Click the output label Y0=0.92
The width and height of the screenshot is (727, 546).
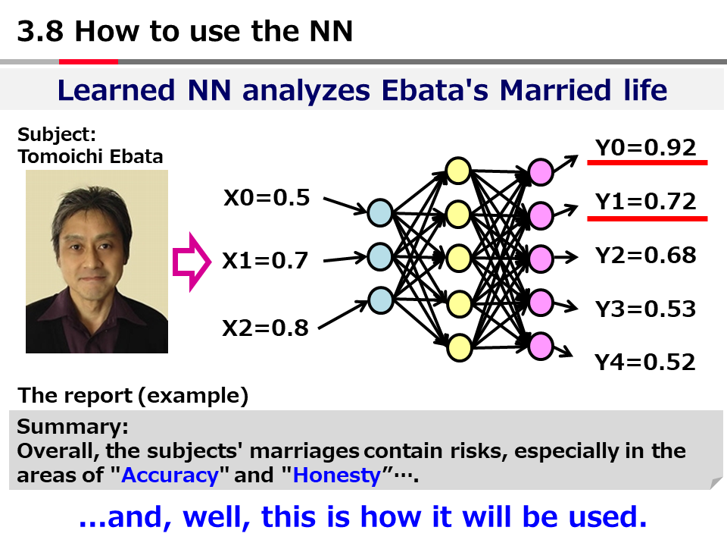pyautogui.click(x=646, y=148)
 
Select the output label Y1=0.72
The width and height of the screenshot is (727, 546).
pyautogui.click(x=646, y=202)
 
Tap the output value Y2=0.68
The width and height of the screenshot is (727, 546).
pyautogui.click(x=646, y=256)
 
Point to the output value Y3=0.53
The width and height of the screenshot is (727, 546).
pyautogui.click(x=646, y=309)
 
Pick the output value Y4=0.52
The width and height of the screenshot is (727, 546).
pyautogui.click(x=645, y=362)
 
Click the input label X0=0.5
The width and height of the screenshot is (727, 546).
pyautogui.click(x=267, y=198)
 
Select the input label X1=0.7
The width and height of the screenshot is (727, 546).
pyautogui.click(x=265, y=260)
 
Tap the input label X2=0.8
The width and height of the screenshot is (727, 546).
pyautogui.click(x=265, y=328)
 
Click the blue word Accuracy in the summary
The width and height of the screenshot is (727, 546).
pyautogui.click(x=170, y=475)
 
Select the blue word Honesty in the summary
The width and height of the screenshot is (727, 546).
pyautogui.click(x=336, y=475)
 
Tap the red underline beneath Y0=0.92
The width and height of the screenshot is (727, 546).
pyautogui.click(x=647, y=162)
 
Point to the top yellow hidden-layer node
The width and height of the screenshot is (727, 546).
pyautogui.click(x=458, y=171)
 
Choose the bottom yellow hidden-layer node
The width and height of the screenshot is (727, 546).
pyautogui.click(x=460, y=348)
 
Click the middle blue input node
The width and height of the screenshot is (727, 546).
pyautogui.click(x=380, y=257)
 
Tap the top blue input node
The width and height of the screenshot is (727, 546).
pyautogui.click(x=380, y=213)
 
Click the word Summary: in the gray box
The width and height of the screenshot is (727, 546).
pyautogui.click(x=73, y=427)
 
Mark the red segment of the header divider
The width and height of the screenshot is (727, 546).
pyautogui.click(x=89, y=61)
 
